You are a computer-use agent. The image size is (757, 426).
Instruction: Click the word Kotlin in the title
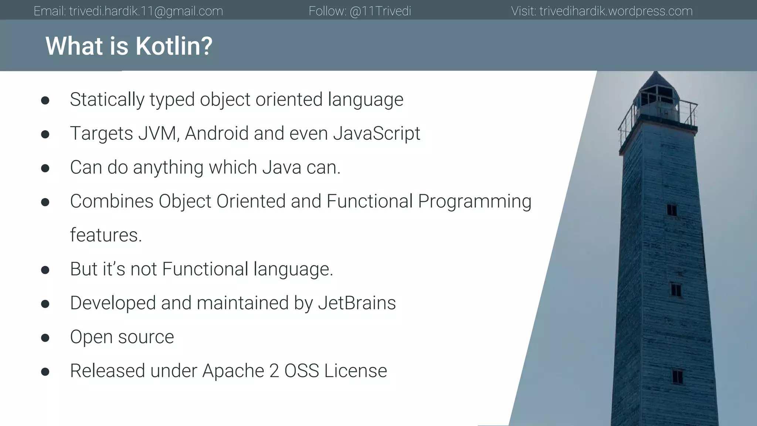(x=174, y=46)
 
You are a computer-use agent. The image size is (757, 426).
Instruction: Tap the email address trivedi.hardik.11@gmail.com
(x=146, y=11)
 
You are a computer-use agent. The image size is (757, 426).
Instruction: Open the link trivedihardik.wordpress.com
(x=616, y=11)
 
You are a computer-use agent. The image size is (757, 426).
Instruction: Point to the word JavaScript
(x=377, y=133)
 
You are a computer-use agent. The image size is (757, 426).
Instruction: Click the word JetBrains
(x=357, y=303)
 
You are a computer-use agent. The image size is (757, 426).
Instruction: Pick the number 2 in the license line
(x=274, y=371)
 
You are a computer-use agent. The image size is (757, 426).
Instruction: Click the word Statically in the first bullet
(x=107, y=99)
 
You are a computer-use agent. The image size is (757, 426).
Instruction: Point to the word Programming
(x=475, y=202)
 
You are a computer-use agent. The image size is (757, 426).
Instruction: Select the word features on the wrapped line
(x=106, y=235)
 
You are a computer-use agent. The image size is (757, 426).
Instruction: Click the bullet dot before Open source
(x=45, y=338)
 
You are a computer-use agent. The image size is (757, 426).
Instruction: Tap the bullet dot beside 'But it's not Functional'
(x=45, y=270)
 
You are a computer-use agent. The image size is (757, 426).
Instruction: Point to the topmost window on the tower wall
(x=672, y=210)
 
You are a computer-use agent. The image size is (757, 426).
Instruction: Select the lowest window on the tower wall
(x=677, y=377)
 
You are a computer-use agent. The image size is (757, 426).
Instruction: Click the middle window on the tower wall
(x=676, y=290)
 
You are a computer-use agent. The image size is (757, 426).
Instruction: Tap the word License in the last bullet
(x=356, y=371)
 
